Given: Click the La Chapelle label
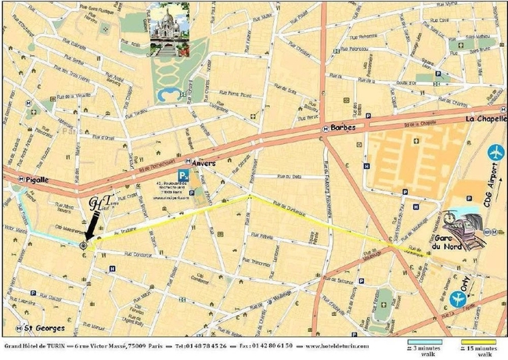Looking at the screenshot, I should click(486, 119).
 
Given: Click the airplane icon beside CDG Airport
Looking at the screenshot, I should click(494, 152).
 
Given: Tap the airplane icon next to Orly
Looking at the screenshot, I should click(459, 298).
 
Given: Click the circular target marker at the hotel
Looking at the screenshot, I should click(83, 245).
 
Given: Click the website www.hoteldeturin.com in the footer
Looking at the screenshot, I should click(340, 345).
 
